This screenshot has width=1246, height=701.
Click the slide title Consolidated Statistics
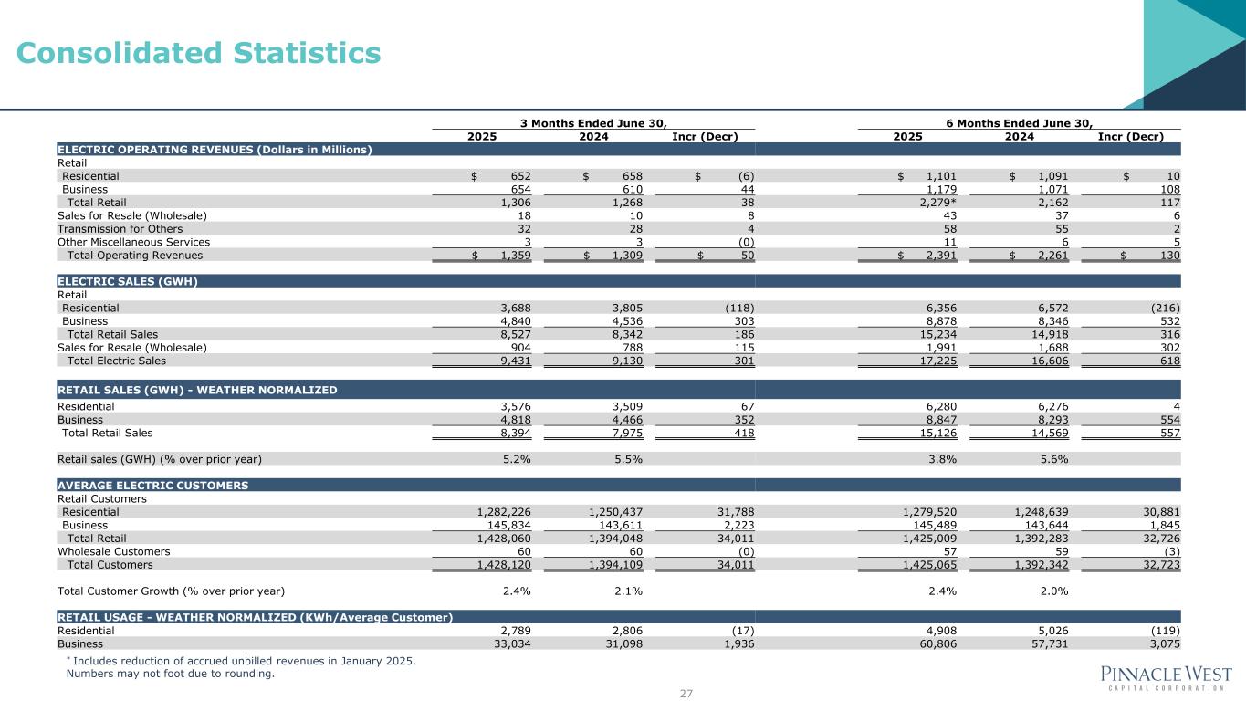coord(198,54)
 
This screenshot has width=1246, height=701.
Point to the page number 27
coord(686,694)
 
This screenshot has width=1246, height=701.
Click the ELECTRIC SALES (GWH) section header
coord(128,281)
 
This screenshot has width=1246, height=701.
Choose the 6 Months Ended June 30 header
coord(1020,123)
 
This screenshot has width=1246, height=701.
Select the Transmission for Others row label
coord(120,229)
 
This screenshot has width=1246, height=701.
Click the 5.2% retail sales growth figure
coord(518,459)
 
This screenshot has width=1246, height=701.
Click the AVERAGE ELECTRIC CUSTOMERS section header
coord(152,486)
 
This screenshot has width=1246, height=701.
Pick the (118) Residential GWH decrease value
coord(736,309)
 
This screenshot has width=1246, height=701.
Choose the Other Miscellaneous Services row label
coord(133,242)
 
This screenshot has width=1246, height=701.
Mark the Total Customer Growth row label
coord(171,591)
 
